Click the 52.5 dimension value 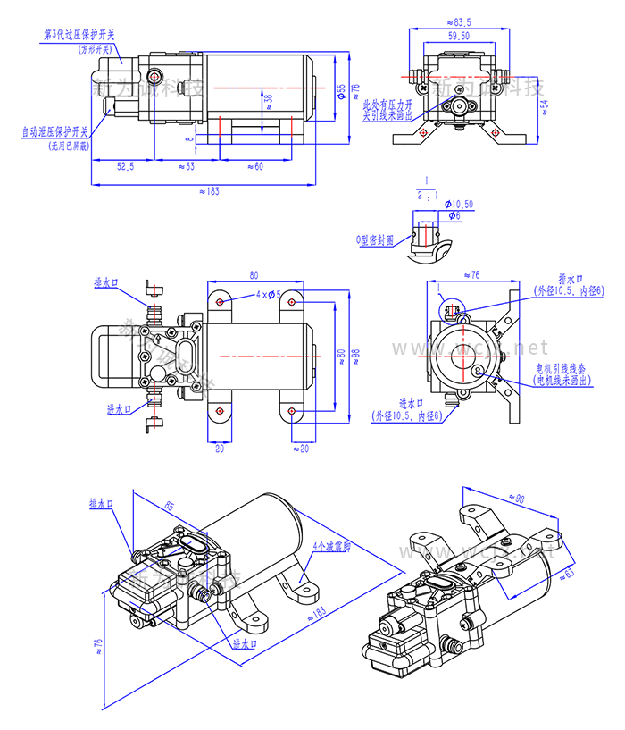[x=125, y=166]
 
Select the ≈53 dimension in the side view [x=186, y=166]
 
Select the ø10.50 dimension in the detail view [x=459, y=205]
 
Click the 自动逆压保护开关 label [x=55, y=131]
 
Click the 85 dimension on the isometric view [x=170, y=507]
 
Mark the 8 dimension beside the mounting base [x=189, y=139]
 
